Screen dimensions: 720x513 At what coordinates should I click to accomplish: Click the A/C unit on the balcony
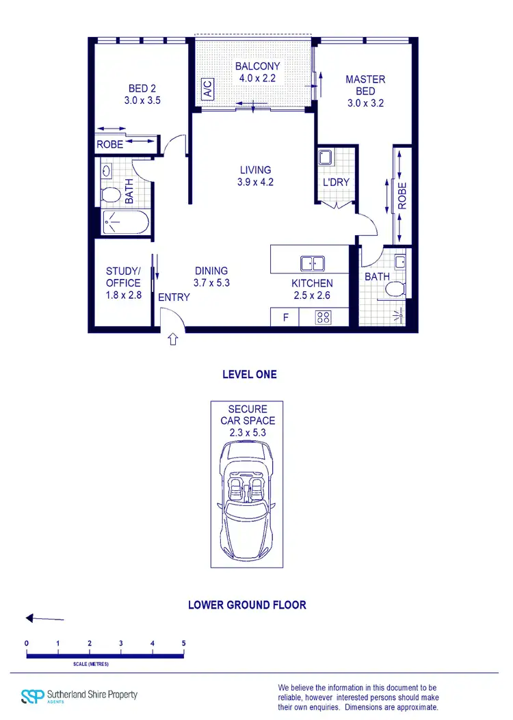[206, 89]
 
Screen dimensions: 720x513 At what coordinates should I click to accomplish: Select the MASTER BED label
[365, 85]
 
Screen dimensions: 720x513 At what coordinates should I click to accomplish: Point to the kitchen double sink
[313, 263]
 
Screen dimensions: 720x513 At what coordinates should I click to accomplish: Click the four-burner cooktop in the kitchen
[323, 317]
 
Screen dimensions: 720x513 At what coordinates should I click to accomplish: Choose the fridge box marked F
[286, 318]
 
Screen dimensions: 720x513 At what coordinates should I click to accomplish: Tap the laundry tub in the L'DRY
[326, 158]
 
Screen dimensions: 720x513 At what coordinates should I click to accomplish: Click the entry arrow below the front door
[172, 338]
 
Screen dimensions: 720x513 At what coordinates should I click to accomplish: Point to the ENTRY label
[174, 297]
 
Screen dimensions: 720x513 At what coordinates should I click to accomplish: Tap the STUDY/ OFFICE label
[123, 277]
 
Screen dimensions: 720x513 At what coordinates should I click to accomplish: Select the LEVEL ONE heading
[249, 375]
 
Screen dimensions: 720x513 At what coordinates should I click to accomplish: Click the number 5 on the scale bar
[183, 643]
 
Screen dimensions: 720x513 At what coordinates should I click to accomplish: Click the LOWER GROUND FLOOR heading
[247, 605]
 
